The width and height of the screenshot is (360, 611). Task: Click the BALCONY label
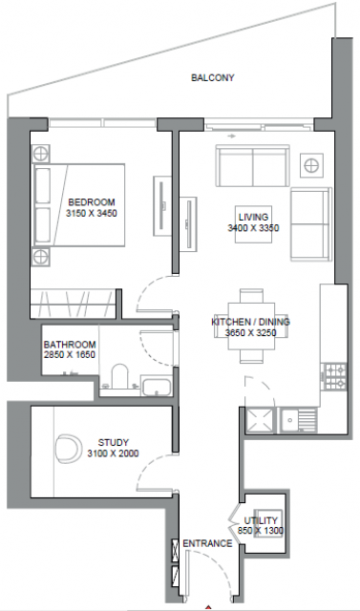(x=212, y=77)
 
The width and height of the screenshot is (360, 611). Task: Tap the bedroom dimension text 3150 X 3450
(x=92, y=213)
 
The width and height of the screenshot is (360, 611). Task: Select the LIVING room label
(x=253, y=217)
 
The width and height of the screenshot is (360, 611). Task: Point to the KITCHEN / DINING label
(x=250, y=323)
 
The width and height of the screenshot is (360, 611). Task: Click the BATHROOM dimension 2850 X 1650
(x=70, y=354)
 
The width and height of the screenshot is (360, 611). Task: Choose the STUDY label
(x=113, y=443)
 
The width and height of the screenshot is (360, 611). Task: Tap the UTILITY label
(x=261, y=520)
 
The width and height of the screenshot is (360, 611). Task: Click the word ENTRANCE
(x=207, y=543)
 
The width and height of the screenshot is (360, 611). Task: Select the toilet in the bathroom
(x=119, y=376)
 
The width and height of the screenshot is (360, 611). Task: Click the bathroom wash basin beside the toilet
(x=157, y=386)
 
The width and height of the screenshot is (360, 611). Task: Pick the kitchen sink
(x=299, y=420)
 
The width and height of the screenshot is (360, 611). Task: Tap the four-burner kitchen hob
(x=335, y=376)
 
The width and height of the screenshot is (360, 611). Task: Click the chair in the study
(x=69, y=449)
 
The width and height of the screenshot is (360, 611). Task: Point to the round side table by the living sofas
(x=311, y=165)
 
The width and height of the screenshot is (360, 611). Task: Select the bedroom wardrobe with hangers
(x=74, y=304)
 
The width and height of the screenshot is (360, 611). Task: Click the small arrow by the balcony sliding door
(x=231, y=137)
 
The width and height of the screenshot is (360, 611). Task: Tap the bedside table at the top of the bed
(x=40, y=154)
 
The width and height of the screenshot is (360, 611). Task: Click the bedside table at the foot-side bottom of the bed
(x=40, y=257)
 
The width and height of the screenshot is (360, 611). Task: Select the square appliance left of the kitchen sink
(x=261, y=420)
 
